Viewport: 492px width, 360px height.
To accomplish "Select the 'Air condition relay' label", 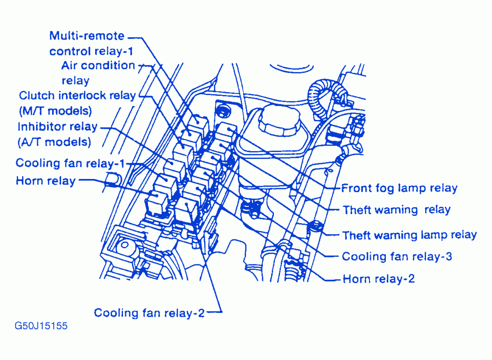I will click(x=98, y=72).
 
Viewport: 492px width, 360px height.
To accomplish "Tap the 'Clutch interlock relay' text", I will click(x=77, y=95).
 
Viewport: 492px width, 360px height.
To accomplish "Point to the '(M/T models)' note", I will click(x=55, y=111).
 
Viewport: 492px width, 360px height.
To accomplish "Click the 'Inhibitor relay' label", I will click(x=57, y=127).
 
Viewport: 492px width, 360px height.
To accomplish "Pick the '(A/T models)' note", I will click(x=54, y=143).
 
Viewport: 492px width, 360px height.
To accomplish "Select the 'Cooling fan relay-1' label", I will click(x=70, y=163).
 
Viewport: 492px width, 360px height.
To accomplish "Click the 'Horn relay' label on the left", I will click(x=46, y=181).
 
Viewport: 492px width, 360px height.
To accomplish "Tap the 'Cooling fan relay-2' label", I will click(x=149, y=313).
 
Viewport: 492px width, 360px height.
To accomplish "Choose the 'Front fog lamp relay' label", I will click(x=399, y=188).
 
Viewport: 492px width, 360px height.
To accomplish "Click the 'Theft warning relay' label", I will click(x=396, y=210).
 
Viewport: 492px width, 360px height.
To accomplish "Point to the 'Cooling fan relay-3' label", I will click(x=397, y=256).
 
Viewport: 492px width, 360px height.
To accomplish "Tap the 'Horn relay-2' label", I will click(x=379, y=278).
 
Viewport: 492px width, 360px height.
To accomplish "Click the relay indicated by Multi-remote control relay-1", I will click(x=197, y=127).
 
